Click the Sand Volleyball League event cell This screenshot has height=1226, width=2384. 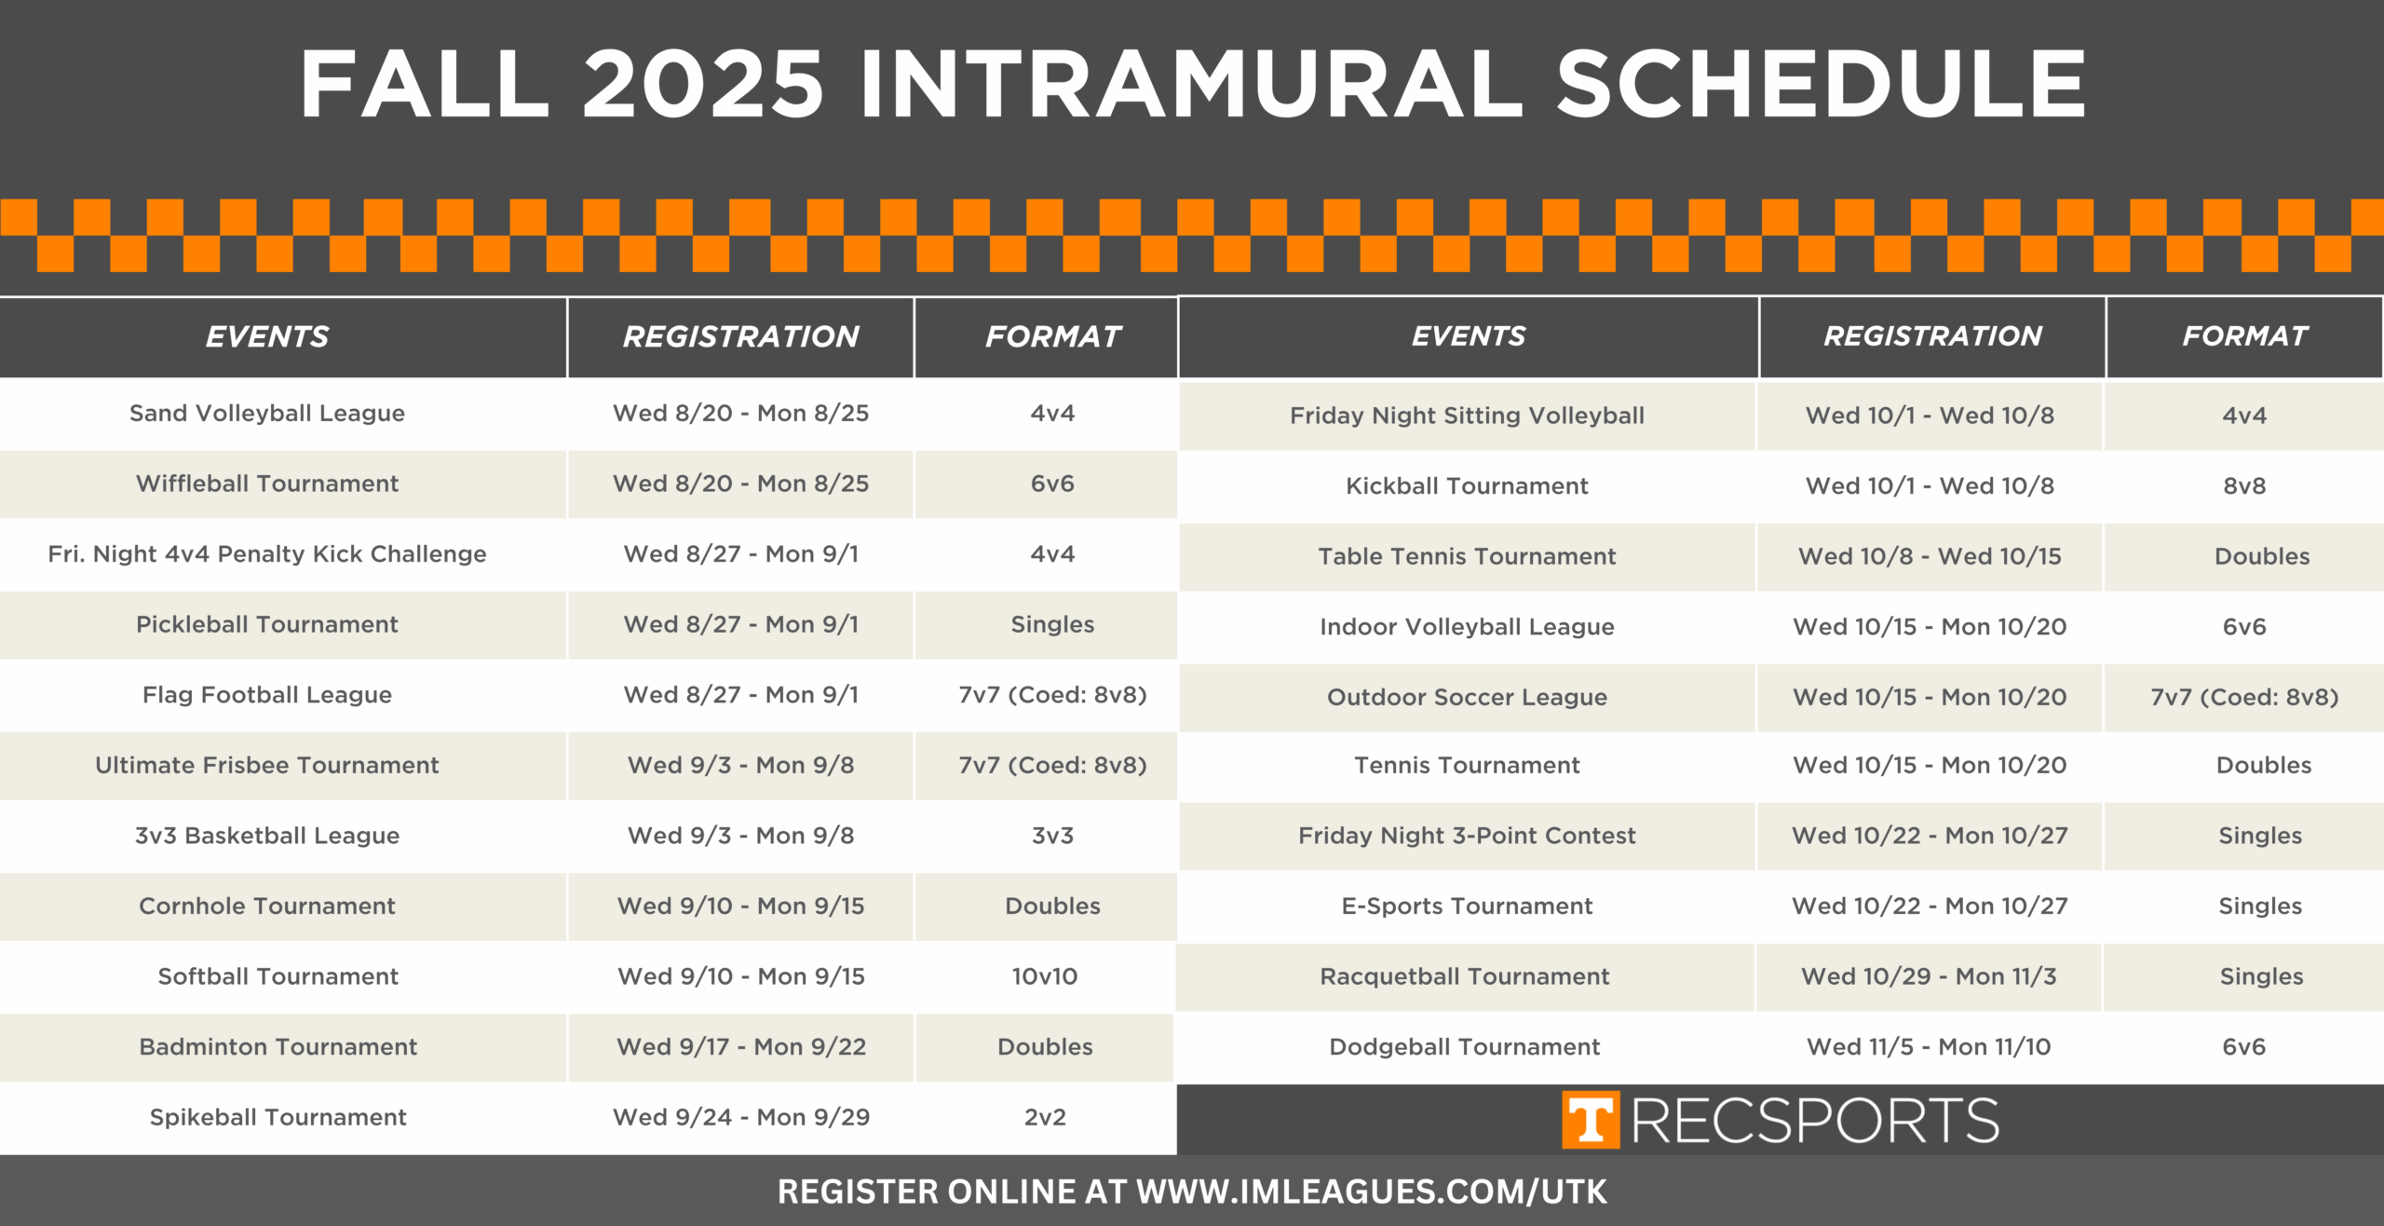point(267,413)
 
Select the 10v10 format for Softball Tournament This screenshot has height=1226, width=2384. point(1045,976)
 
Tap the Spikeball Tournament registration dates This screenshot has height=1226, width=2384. point(741,1117)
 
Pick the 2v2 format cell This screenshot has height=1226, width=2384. point(1045,1117)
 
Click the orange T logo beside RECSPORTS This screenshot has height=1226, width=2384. point(1591,1120)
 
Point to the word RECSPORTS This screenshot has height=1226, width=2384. point(1815,1120)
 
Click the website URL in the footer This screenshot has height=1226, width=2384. point(1372,1192)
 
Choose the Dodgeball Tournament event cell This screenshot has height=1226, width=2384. point(1465,1047)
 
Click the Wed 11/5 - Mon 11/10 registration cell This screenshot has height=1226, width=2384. point(1929,1047)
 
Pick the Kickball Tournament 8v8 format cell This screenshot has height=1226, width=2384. point(2244,485)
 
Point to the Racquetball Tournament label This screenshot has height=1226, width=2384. point(1465,976)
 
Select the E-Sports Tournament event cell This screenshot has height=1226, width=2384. point(1467,906)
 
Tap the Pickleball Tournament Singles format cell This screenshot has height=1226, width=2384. point(1052,624)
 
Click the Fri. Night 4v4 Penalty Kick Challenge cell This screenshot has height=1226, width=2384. point(267,554)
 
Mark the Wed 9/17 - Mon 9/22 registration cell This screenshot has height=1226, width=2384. point(741,1047)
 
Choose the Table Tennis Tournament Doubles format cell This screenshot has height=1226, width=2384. point(2262,556)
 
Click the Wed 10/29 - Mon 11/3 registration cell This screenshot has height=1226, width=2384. point(1929,976)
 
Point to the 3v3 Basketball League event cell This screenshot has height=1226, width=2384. point(267,836)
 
